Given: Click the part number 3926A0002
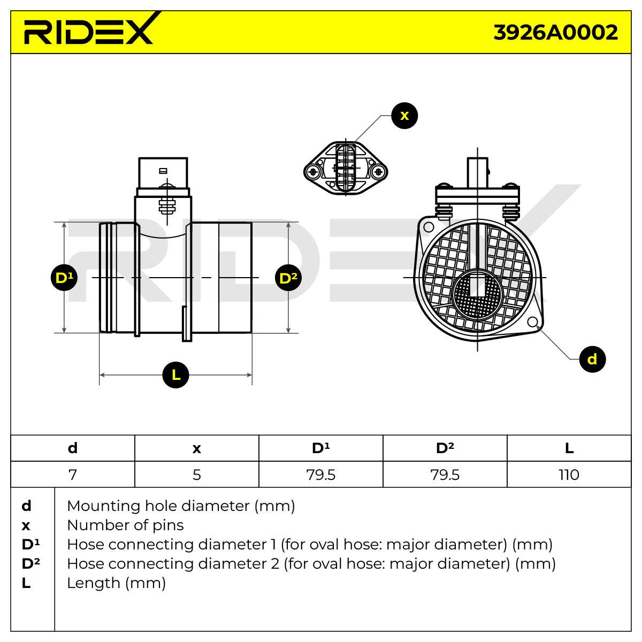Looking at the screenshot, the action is click(555, 33).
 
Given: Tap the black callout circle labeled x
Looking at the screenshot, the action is click(404, 116).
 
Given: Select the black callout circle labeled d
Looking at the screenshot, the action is click(592, 359).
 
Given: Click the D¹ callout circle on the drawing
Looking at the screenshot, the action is click(64, 278).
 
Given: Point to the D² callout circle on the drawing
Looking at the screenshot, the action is click(288, 278).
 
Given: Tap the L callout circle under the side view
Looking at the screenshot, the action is click(175, 375).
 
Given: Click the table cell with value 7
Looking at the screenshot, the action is click(73, 475).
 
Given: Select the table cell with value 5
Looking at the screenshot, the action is click(196, 475).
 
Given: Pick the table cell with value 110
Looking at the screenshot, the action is click(569, 475).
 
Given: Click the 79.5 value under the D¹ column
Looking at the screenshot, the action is click(321, 475).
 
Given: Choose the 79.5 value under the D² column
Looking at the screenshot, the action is click(445, 475).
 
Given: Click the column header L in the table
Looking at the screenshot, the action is click(569, 448).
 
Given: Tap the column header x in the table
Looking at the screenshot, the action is click(196, 448).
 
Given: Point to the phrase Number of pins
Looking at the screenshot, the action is click(125, 525).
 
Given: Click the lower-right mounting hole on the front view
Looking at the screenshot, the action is click(533, 322).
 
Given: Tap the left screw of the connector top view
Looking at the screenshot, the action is click(313, 172).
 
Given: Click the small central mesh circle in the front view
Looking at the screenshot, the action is click(477, 295).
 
